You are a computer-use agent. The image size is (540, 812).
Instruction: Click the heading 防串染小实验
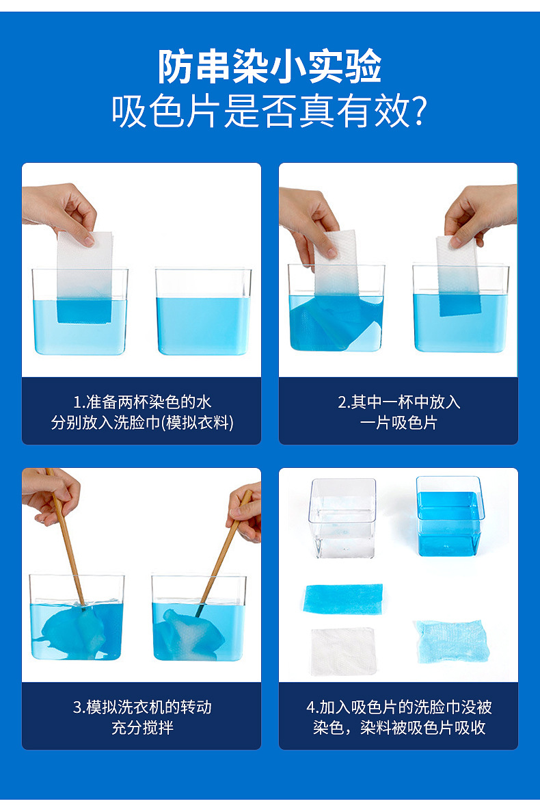pos(270,67)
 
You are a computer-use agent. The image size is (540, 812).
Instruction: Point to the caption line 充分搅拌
pos(142,727)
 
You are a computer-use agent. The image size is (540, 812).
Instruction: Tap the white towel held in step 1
pos(85,267)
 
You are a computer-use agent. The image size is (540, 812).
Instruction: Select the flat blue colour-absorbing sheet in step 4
pos(343,599)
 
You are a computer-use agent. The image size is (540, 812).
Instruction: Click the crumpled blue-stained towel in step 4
pos(449,642)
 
